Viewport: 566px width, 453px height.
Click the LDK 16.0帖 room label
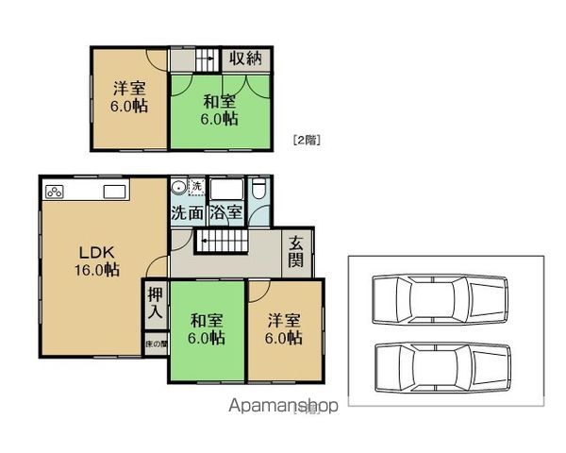pos(98,260)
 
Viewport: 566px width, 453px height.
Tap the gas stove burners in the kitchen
pos(55,193)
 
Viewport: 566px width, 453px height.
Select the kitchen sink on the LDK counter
pos(114,193)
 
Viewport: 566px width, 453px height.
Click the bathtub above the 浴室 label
pos(226,188)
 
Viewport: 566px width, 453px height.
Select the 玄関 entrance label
pos(296,251)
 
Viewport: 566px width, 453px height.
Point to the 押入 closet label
pos(156,304)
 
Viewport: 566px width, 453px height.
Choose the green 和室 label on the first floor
pos(205,328)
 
